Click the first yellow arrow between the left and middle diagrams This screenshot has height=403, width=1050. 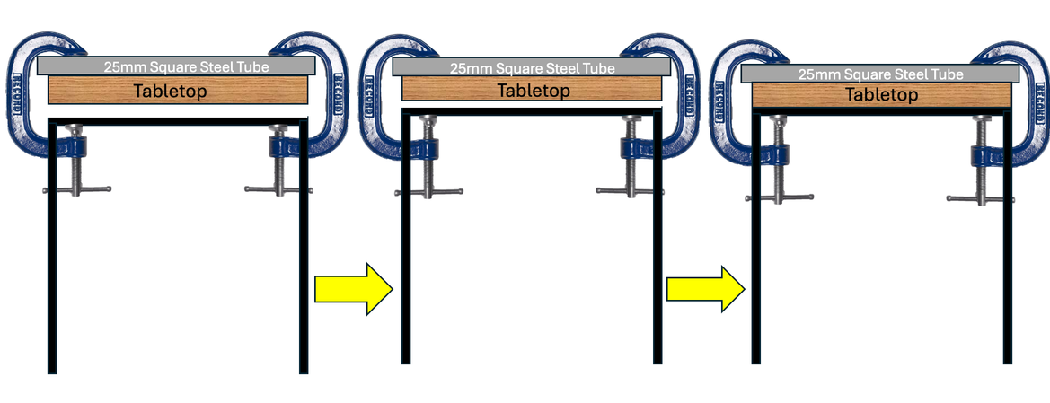click(353, 289)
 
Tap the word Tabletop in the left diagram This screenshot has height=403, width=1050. click(178, 91)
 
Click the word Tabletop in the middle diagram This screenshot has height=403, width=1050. click(533, 90)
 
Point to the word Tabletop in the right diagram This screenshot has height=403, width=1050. click(882, 94)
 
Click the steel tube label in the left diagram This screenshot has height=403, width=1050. click(176, 66)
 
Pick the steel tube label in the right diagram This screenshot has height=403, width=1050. click(881, 74)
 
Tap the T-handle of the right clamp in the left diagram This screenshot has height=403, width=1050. click(278, 188)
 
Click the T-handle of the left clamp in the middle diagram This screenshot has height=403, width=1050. click(430, 190)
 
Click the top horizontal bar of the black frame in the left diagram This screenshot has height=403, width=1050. click(178, 120)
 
